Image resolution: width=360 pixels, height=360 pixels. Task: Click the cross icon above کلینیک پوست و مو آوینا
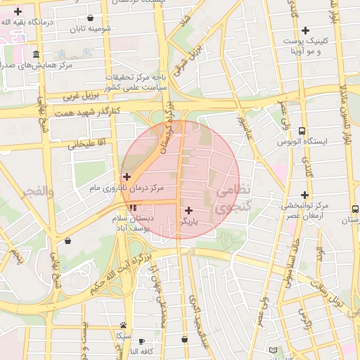point(305,30)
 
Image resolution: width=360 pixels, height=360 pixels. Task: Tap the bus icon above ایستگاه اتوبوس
point(302,131)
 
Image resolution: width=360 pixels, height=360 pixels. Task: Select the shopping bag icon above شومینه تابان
point(90,18)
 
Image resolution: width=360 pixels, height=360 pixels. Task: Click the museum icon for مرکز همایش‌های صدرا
point(36,55)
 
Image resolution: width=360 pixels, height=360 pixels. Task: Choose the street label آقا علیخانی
point(86,144)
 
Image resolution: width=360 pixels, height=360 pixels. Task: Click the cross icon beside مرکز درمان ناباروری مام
point(127,176)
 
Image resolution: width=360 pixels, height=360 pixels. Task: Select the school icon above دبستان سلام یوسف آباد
point(133,208)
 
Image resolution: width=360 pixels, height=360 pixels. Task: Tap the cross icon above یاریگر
point(188,210)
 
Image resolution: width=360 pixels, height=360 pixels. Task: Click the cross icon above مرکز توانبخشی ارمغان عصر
point(304,195)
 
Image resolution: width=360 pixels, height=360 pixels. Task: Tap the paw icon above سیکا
point(124,325)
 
